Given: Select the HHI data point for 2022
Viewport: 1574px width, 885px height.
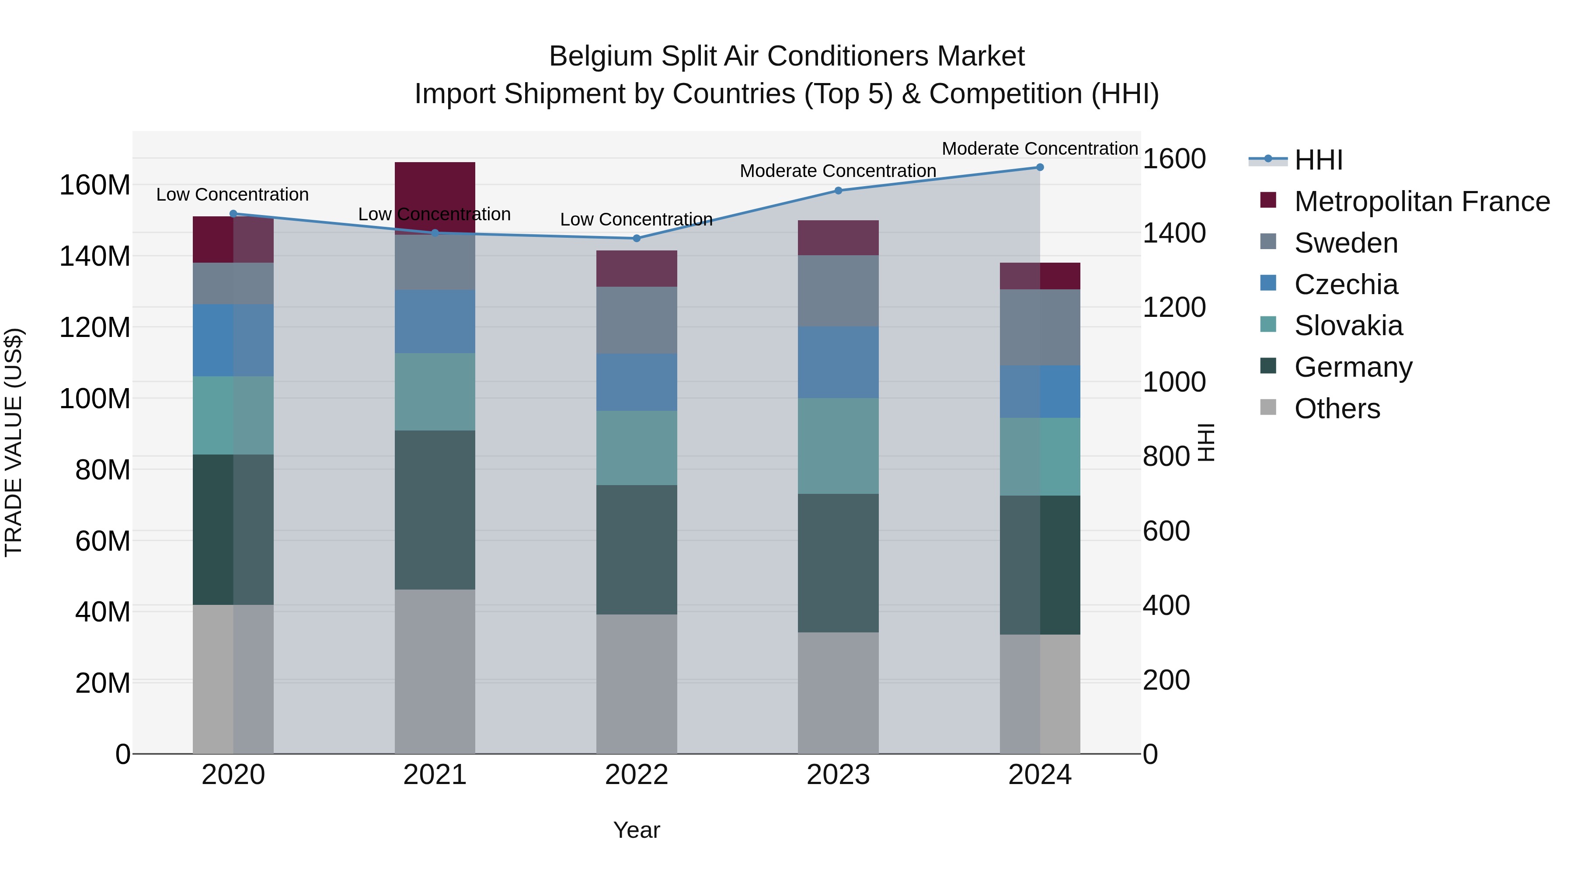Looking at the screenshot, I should click(636, 238).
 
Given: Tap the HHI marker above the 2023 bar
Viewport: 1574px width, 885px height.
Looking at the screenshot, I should click(838, 191).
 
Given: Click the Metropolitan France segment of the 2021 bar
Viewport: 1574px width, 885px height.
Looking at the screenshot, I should click(435, 189).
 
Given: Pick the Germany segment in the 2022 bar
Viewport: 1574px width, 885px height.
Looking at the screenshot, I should click(636, 550).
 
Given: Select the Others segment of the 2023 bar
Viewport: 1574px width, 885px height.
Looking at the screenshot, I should click(838, 693).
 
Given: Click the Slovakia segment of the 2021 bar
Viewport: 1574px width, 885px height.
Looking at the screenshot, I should click(435, 392).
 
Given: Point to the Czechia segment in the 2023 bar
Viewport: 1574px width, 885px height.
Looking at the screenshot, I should click(838, 362).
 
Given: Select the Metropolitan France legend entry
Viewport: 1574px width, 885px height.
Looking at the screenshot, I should click(1421, 201).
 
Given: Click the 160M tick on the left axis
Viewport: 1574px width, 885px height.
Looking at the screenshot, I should click(95, 185).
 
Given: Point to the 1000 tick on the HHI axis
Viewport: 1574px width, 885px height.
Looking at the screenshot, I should click(1174, 382).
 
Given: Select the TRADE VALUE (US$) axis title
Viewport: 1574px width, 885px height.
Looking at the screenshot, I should click(14, 442).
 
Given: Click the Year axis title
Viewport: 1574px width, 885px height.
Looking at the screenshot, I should click(636, 830).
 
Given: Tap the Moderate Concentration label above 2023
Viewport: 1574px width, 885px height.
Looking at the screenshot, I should click(838, 171).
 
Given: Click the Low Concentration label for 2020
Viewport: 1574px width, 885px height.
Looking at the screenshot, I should click(232, 195).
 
